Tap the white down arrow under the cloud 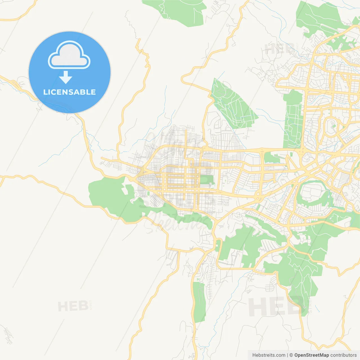pyautogui.click(x=66, y=78)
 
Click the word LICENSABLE pyautogui.click(x=69, y=92)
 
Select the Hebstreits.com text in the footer pyautogui.click(x=269, y=355)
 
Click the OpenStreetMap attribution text pyautogui.click(x=311, y=355)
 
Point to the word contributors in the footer pyautogui.click(x=343, y=355)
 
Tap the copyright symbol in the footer pyautogui.click(x=291, y=355)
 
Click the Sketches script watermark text pyautogui.click(x=177, y=222)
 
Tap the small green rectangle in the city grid pyautogui.click(x=206, y=180)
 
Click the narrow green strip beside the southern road pyautogui.click(x=199, y=302)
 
